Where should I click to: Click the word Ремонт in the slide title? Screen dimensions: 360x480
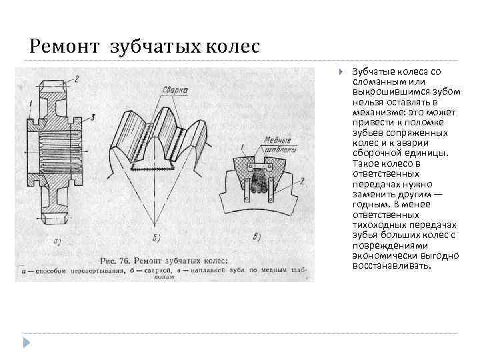pos(57,47)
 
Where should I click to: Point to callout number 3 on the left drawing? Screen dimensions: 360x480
pos(93,117)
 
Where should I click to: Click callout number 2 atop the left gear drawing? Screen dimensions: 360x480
pos(76,79)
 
